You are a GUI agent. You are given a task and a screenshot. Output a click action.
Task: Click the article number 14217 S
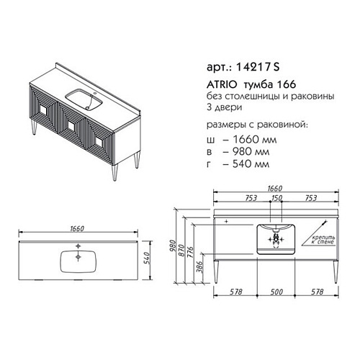(258, 67)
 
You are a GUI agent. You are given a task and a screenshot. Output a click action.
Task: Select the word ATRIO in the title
(222, 84)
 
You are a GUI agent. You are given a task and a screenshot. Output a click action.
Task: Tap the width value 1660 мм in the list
(255, 140)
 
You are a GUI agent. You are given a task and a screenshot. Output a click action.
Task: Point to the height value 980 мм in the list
(251, 151)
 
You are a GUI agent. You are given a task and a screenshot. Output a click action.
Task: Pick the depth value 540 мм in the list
(251, 164)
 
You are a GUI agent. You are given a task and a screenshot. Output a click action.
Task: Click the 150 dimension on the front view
(276, 198)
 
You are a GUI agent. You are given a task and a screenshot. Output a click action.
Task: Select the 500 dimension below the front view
(276, 292)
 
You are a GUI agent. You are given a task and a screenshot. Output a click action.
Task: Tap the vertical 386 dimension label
(199, 267)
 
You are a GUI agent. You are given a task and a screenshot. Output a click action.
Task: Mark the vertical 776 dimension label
(190, 252)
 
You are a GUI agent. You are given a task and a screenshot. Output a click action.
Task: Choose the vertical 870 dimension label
(181, 251)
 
